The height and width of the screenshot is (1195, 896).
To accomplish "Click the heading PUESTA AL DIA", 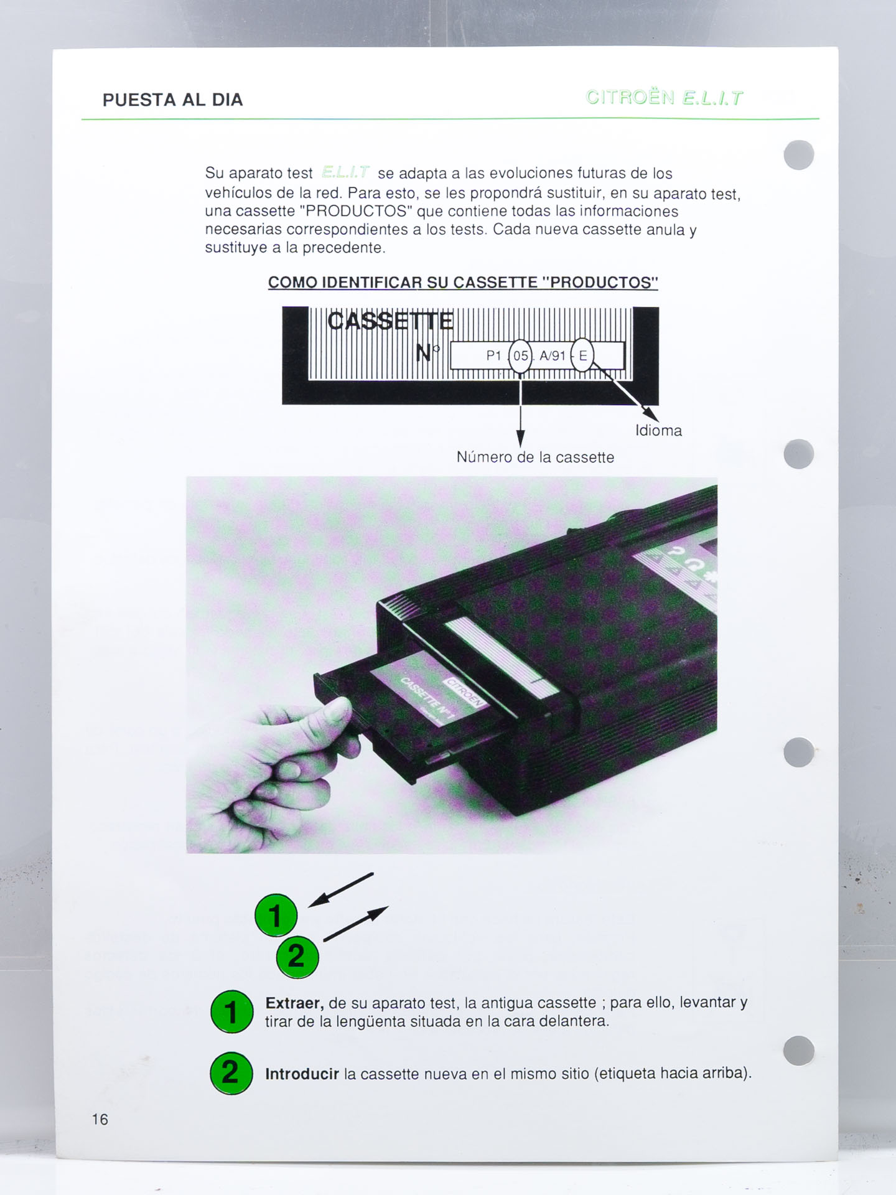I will (x=172, y=100).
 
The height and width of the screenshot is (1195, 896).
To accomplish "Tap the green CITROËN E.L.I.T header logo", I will (x=664, y=98).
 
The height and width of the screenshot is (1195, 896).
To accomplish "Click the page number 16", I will (x=100, y=1119).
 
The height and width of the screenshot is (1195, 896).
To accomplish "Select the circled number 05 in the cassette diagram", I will (x=521, y=356).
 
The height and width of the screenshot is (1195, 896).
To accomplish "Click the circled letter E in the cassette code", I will (x=582, y=355).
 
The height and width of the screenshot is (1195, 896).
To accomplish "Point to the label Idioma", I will (x=658, y=431).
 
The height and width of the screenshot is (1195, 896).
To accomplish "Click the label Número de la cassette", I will (x=535, y=457).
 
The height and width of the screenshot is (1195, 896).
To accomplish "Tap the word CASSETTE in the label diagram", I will (x=390, y=321).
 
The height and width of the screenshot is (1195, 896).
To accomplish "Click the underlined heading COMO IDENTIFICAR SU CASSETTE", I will (x=462, y=283).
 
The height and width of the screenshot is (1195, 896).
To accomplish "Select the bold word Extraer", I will (x=294, y=1003).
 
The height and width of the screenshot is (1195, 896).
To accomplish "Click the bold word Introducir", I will (x=302, y=1074).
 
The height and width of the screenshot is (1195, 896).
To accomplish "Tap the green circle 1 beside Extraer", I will (x=231, y=1011).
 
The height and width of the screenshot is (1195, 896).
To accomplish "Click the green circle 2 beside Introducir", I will (x=231, y=1073).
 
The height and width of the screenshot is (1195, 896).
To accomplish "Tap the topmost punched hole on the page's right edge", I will (x=799, y=155).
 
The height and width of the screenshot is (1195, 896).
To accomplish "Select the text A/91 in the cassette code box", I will (x=552, y=356).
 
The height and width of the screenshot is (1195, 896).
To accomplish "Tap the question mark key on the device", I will (x=676, y=550).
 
